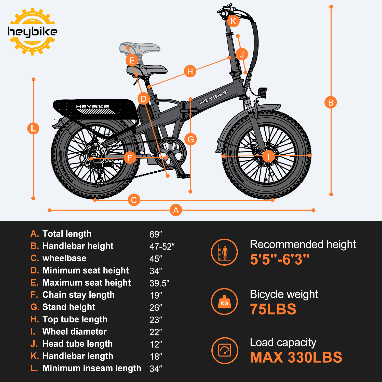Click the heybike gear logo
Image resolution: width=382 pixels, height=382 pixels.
coord(32,32)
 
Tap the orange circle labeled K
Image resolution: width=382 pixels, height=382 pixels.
coord(233,21)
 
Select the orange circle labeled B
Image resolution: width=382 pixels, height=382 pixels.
coord(331,103)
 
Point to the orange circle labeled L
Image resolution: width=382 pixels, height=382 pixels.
coord(33,128)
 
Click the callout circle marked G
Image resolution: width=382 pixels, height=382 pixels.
coord(190,139)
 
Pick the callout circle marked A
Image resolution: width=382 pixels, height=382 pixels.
coord(176,210)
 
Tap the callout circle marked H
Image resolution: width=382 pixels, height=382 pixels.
coord(190,71)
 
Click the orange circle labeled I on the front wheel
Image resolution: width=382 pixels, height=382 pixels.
coord(268,156)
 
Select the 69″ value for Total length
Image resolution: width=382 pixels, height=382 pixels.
coord(156,234)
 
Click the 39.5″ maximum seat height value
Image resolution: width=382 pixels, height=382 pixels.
coord(159,283)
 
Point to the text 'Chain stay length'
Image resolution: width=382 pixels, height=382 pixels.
coord(78,295)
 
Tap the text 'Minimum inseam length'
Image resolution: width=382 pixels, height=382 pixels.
coord(92,368)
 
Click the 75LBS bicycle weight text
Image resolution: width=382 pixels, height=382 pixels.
coord(273,309)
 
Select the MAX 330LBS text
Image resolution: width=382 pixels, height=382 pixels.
coord(296,357)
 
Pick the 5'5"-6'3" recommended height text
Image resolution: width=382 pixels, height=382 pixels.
coord(280,259)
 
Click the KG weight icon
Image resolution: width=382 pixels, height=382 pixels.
coord(224,302)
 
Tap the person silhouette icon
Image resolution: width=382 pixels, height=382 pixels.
coord(224,252)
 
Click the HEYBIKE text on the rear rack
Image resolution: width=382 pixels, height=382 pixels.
coord(93,107)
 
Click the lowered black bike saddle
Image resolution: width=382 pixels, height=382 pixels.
coord(148,70)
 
